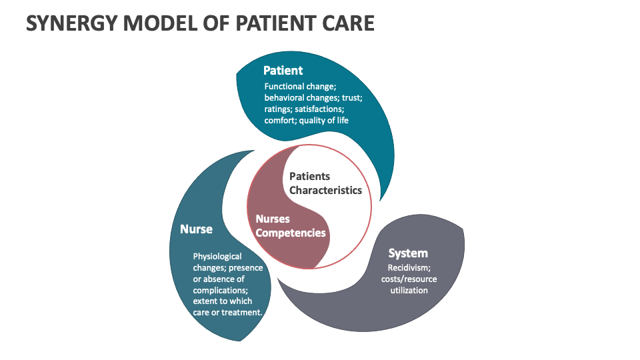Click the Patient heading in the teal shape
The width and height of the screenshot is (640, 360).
(283, 70)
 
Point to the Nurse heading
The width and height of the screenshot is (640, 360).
(196, 229)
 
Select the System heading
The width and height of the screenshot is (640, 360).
(408, 253)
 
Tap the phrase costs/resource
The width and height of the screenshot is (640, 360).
(409, 279)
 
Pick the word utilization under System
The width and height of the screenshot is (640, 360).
(409, 291)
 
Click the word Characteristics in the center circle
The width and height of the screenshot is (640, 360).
(325, 190)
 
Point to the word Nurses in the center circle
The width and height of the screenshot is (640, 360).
(273, 219)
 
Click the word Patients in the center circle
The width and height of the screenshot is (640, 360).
(309, 176)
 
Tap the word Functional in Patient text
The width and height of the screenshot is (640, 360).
(283, 87)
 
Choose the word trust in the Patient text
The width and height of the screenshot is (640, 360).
(350, 98)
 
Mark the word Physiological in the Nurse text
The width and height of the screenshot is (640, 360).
(217, 256)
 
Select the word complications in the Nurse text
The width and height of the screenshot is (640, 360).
(220, 291)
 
